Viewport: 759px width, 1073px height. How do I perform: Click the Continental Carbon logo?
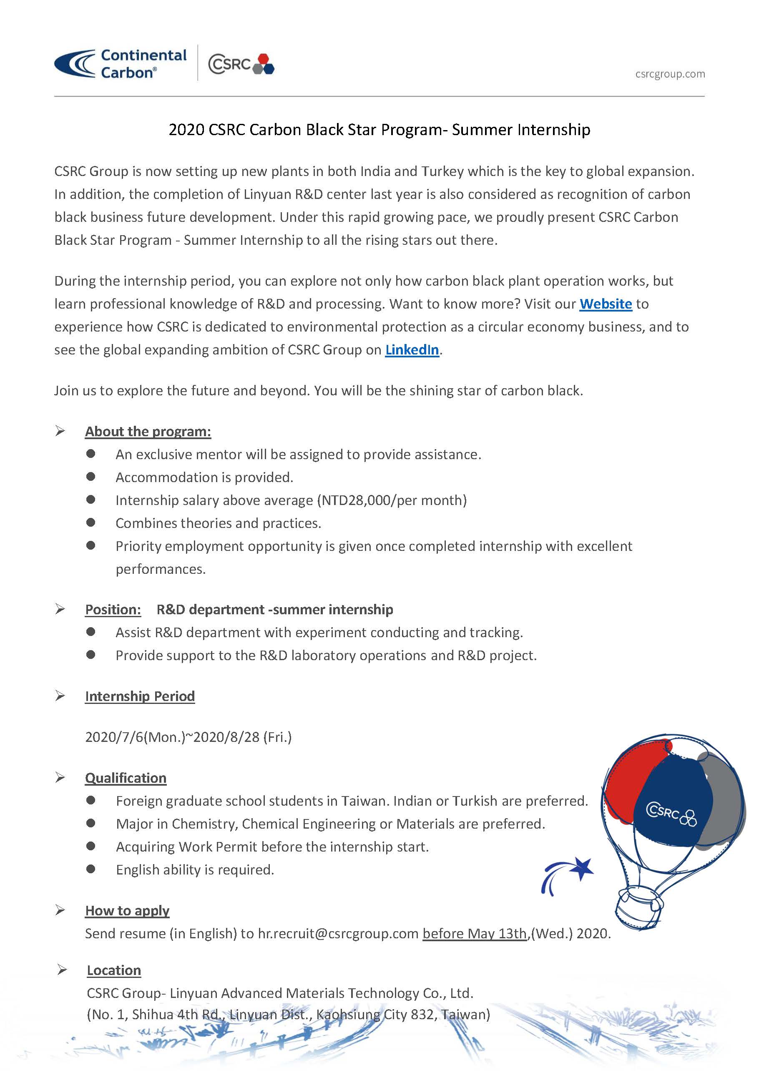pos(121,63)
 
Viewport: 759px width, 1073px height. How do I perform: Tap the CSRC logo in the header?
pos(241,64)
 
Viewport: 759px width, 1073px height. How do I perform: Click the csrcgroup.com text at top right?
pos(670,74)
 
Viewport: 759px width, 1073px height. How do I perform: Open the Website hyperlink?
pos(605,304)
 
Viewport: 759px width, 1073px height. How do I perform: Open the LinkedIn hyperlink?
pos(412,349)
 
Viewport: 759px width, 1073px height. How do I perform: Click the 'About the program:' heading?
pos(148,431)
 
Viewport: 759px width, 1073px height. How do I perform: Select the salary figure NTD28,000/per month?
pos(392,500)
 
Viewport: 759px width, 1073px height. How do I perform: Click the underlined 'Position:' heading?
pos(113,609)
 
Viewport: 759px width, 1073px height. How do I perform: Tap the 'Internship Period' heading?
pos(140,696)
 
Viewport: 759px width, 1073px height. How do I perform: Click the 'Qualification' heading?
pos(125,778)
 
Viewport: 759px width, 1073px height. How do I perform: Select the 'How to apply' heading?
pos(127,910)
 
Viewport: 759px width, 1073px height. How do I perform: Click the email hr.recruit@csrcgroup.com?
pos(338,933)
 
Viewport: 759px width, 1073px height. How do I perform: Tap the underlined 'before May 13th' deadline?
pos(475,933)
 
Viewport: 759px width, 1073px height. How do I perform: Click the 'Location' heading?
pos(113,970)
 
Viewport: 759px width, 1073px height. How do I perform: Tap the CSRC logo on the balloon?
pos(671,814)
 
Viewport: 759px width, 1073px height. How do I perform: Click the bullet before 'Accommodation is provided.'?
pos(90,477)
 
